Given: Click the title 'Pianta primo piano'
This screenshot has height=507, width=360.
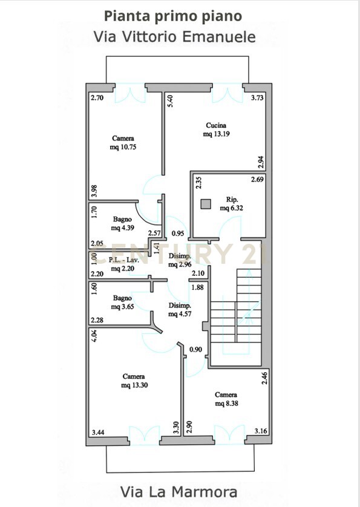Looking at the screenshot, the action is pyautogui.click(x=173, y=16).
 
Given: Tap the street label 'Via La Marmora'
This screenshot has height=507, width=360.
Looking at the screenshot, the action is pyautogui.click(x=179, y=492).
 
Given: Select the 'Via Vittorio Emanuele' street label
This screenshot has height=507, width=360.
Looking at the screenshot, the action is pyautogui.click(x=175, y=36).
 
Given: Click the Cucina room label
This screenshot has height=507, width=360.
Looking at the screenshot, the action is pyautogui.click(x=216, y=125).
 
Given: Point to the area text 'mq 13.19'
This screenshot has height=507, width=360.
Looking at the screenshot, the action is pyautogui.click(x=217, y=134).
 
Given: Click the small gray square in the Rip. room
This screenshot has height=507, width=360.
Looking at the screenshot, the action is pyautogui.click(x=206, y=204).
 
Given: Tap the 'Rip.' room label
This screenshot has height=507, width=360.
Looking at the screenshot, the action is pyautogui.click(x=232, y=200).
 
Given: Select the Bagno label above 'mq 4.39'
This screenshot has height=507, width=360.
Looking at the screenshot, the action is pyautogui.click(x=122, y=219).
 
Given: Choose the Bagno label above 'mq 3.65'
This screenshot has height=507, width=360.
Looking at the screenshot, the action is pyautogui.click(x=122, y=298).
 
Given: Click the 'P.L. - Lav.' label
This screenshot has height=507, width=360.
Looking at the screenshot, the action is pyautogui.click(x=124, y=260).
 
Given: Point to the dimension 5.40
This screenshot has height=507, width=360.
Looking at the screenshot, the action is pyautogui.click(x=171, y=101).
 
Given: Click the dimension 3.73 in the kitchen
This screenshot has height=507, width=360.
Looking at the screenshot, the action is pyautogui.click(x=258, y=97).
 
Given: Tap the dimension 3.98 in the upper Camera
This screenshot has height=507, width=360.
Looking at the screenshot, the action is pyautogui.click(x=94, y=191).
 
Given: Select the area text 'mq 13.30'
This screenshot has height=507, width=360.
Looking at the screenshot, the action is pyautogui.click(x=134, y=385).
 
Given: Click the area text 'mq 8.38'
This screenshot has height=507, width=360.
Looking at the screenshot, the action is pyautogui.click(x=226, y=403).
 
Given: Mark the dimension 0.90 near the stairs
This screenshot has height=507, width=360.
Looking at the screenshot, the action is pyautogui.click(x=195, y=349).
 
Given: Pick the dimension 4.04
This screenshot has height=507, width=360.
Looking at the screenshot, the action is pyautogui.click(x=94, y=336).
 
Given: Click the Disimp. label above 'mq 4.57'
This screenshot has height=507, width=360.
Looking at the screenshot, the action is pyautogui.click(x=180, y=306).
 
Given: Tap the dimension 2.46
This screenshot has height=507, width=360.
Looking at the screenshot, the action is pyautogui.click(x=264, y=378).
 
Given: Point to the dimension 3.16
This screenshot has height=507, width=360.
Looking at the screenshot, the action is pyautogui.click(x=261, y=431).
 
